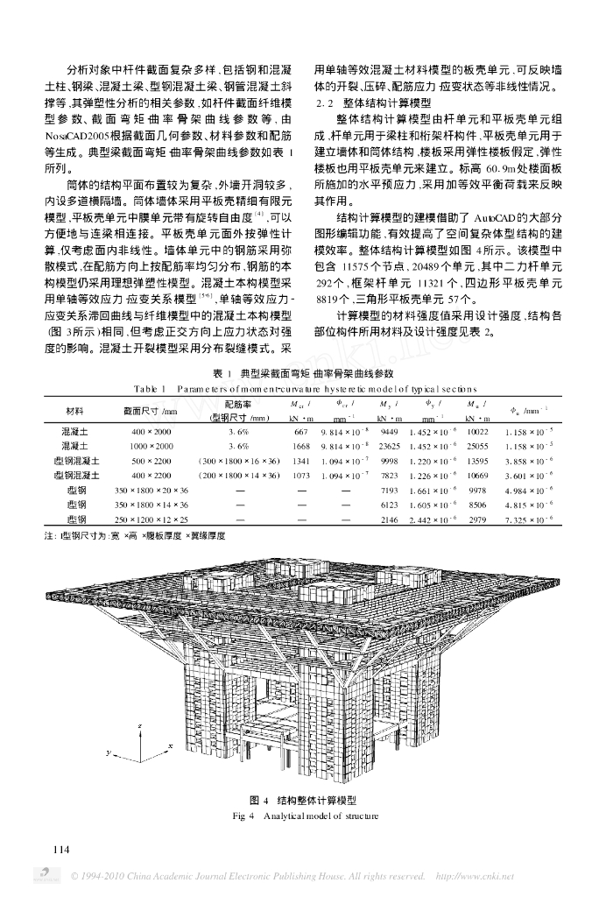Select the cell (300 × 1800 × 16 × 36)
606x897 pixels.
[x=239, y=460]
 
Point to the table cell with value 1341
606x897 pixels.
[x=299, y=460]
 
